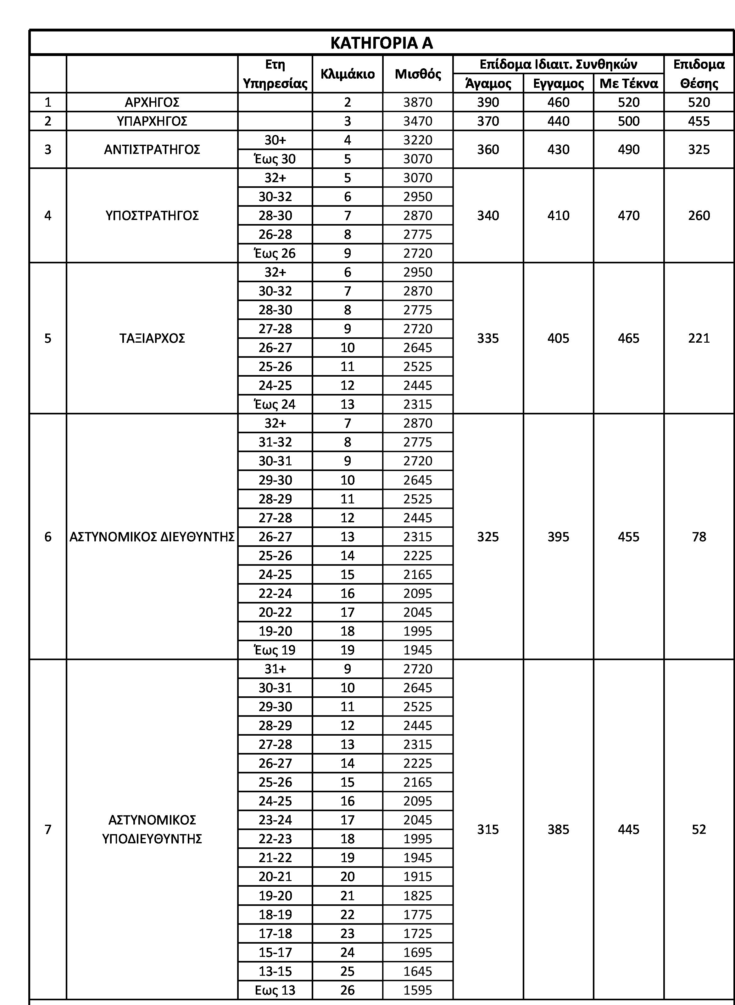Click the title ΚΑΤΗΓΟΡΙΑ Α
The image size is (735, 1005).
[381, 43]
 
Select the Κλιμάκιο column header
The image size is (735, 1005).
[348, 74]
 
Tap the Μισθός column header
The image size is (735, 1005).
[418, 74]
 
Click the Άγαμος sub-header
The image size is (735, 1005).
[488, 83]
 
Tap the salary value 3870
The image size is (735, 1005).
[418, 102]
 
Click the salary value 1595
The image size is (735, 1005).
[418, 990]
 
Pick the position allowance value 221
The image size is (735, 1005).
[699, 338]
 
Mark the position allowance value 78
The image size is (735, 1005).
[699, 537]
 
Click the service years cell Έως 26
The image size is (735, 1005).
[275, 253]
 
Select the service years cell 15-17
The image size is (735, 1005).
[275, 952]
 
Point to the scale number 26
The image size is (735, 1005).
[348, 990]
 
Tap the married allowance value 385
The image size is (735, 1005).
[558, 829]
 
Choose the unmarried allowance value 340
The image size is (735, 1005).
[488, 216]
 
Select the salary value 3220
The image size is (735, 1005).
[418, 140]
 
